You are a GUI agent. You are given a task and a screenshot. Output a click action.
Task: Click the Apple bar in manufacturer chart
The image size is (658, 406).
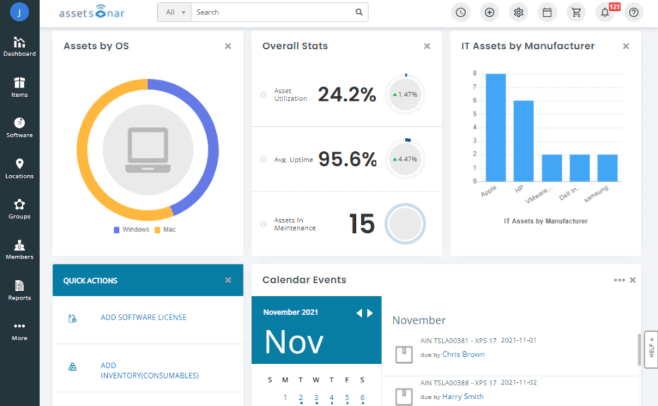(495, 127)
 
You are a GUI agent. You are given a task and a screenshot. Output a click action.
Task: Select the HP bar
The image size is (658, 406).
(523, 141)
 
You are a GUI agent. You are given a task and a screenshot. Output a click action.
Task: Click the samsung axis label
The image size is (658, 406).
(596, 194)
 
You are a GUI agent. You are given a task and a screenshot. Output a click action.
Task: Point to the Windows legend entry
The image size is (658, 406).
(131, 230)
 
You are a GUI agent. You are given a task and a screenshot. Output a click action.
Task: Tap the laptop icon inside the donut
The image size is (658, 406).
(147, 150)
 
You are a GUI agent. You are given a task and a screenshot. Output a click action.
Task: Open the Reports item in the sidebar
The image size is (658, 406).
(19, 290)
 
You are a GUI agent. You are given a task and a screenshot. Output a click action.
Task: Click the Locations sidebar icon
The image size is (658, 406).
(19, 168)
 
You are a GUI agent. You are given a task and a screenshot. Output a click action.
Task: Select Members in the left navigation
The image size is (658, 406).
(19, 249)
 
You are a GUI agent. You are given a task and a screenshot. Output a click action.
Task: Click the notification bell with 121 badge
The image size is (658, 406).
(605, 12)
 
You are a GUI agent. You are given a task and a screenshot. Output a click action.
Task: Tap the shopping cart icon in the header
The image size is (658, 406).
(576, 12)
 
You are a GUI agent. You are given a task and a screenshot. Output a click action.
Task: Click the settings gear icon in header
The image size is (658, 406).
(518, 12)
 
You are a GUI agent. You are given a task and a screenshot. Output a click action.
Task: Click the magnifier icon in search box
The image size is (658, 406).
(359, 12)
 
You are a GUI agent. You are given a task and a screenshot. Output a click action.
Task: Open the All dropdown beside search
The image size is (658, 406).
(174, 12)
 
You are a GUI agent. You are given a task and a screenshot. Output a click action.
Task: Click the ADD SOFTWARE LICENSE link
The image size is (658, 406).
(143, 318)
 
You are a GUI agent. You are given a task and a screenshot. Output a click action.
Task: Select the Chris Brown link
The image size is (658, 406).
(463, 354)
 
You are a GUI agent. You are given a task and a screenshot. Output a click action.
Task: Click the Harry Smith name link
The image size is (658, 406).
(462, 396)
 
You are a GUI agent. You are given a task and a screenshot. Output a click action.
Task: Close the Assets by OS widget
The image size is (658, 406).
(228, 46)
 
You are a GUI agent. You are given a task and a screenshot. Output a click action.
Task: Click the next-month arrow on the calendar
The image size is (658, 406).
(370, 313)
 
